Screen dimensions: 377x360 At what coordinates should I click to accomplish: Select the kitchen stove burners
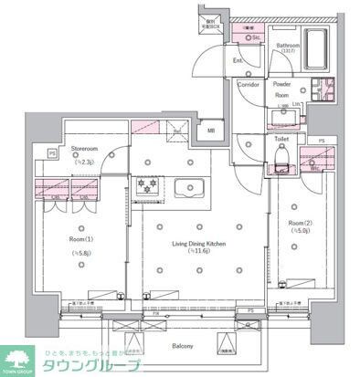tap(146, 185)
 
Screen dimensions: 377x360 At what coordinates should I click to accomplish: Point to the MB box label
tap(212, 130)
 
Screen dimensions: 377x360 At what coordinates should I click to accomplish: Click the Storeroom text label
tap(85, 147)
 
